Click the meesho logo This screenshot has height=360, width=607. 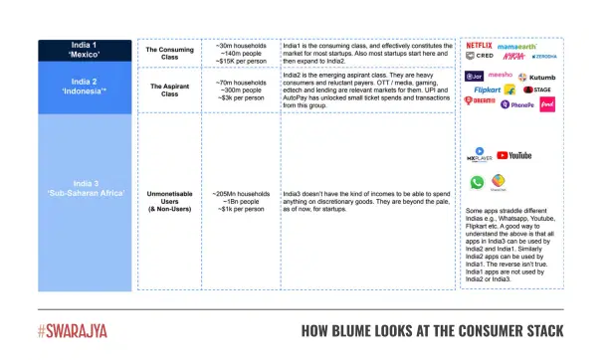[502, 74]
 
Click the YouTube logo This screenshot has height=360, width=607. [514, 155]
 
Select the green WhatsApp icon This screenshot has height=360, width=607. [477, 182]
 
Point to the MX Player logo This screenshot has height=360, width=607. [479, 155]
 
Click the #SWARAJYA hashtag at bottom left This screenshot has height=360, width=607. [72, 329]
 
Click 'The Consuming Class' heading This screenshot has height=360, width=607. [168, 50]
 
